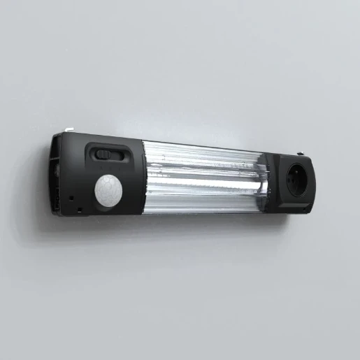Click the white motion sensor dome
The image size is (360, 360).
click(108, 190)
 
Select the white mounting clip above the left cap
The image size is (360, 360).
click(69, 129)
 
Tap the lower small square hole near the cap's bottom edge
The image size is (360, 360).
click(80, 210)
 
